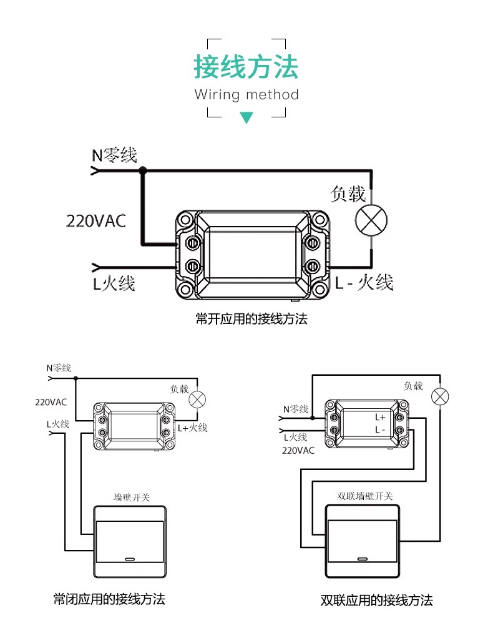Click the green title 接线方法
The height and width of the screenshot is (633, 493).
(x=246, y=67)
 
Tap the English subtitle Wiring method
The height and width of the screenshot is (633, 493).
(x=246, y=94)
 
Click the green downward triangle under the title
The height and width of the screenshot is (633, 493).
(x=246, y=117)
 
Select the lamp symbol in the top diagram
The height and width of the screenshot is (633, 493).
(x=371, y=220)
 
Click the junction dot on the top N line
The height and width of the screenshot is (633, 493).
(x=143, y=170)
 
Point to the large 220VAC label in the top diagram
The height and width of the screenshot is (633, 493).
(x=96, y=221)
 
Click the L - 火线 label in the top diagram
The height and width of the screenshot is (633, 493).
(x=364, y=282)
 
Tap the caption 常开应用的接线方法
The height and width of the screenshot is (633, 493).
(x=251, y=319)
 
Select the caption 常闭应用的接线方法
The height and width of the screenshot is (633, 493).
(x=109, y=599)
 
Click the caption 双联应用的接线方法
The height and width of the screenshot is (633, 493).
(x=377, y=601)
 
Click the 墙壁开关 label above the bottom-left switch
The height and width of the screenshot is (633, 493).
(x=132, y=498)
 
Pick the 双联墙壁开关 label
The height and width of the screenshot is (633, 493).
(x=364, y=496)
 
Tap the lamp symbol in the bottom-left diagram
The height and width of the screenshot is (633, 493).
(x=198, y=400)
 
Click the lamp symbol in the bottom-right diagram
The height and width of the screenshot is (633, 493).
(x=440, y=396)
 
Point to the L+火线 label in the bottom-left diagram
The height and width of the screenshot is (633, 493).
(x=193, y=428)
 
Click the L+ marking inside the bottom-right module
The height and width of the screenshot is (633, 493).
(x=380, y=418)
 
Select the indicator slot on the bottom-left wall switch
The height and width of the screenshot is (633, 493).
(x=130, y=559)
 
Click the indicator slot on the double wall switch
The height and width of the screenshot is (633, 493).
(x=362, y=559)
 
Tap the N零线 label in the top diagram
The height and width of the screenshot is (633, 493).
(x=115, y=155)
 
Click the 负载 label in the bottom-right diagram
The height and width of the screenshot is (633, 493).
(x=413, y=386)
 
